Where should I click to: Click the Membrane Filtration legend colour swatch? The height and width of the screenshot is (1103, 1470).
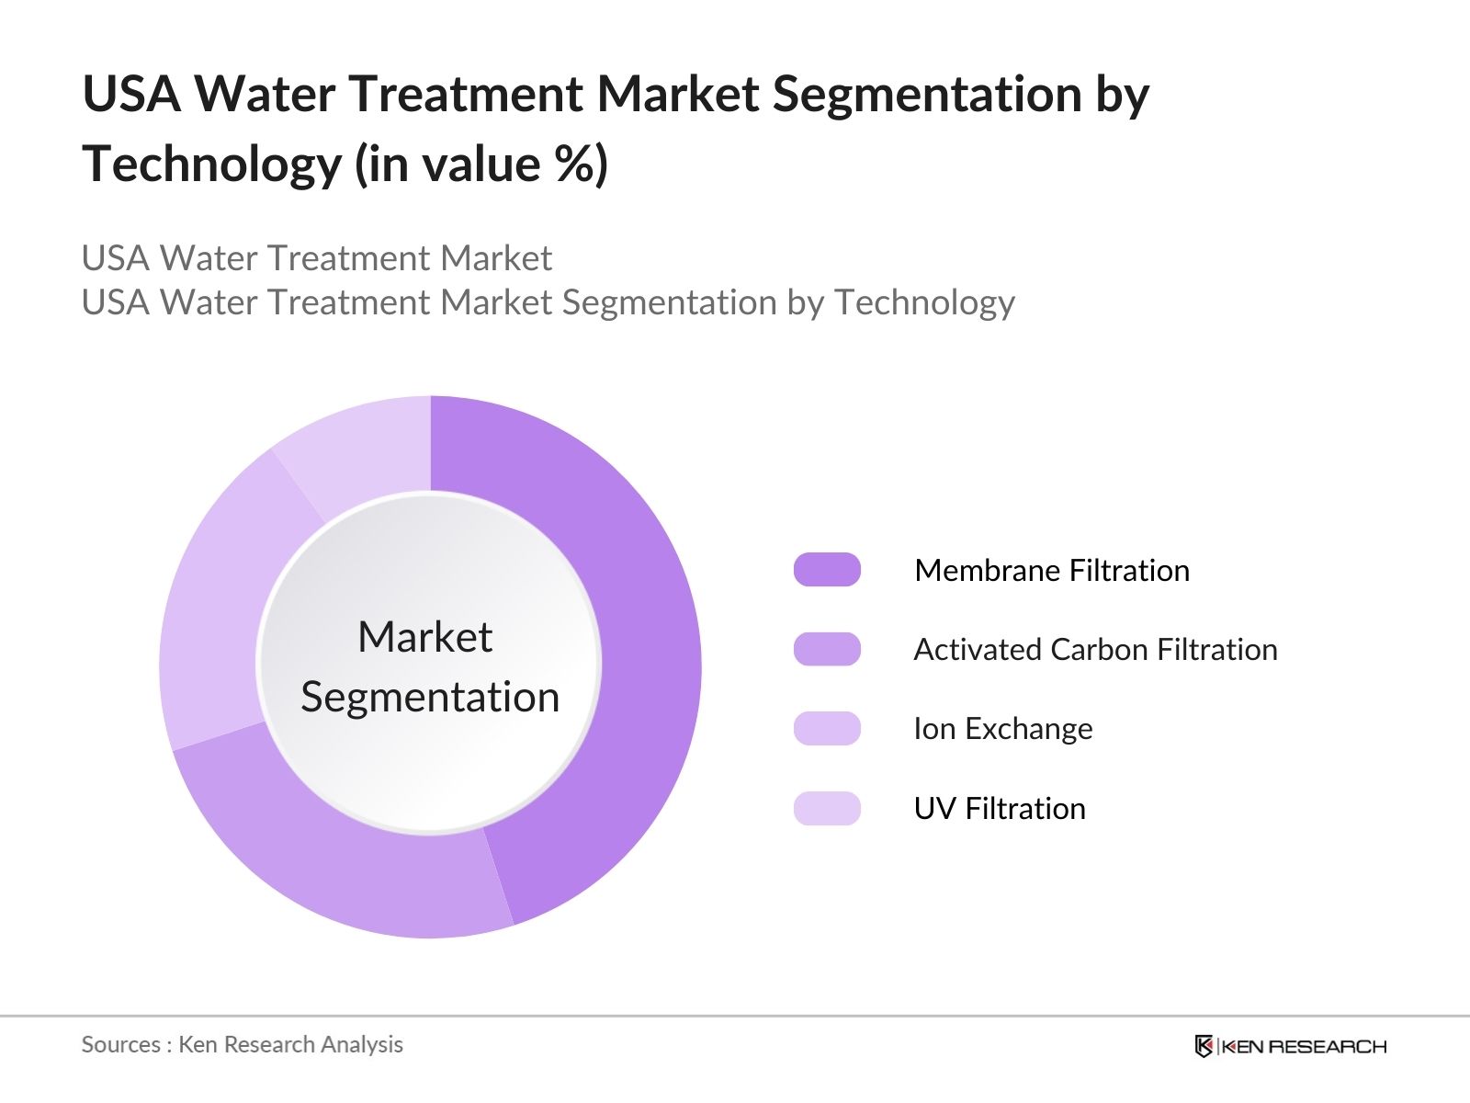pos(827,570)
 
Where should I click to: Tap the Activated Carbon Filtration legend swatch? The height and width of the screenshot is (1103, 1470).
pos(827,649)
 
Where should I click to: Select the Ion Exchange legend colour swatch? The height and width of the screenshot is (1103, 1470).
pos(827,728)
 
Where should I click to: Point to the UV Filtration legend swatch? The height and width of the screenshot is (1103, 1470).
pos(827,808)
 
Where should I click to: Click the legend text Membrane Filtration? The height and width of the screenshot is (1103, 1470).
pos(1052,571)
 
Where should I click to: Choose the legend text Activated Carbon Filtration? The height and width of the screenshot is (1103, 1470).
pos(1095,650)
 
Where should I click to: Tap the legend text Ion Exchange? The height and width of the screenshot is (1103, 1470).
pos(1003,729)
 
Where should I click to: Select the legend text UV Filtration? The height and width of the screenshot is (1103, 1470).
pos(1000,809)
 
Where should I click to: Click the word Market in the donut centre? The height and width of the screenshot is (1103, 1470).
pos(424,637)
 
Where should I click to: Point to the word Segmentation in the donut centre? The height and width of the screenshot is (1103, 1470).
pos(430,697)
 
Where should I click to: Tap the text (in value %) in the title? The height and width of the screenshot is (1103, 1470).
pos(481,165)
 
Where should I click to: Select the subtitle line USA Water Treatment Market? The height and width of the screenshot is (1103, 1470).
pos(317,258)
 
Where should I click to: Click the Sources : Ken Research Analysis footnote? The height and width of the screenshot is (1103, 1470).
pos(243,1044)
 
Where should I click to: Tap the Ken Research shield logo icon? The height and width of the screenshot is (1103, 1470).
pos(1204,1046)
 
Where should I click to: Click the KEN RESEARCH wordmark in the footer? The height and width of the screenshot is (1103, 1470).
pos(1304,1046)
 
